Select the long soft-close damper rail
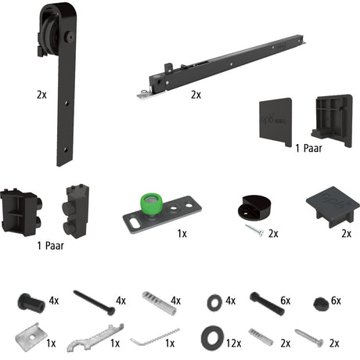221,66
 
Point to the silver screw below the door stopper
254,230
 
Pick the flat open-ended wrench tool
95,338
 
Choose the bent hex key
155,337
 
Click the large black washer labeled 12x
213,338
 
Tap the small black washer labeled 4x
214,303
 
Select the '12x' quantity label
234,344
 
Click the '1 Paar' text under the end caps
308,149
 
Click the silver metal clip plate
31,337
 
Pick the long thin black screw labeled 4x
94,303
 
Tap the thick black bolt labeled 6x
267,304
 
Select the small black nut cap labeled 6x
321,304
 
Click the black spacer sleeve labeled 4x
31,303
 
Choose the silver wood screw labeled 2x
309,338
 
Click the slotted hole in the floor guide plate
135,224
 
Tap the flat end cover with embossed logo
275,122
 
